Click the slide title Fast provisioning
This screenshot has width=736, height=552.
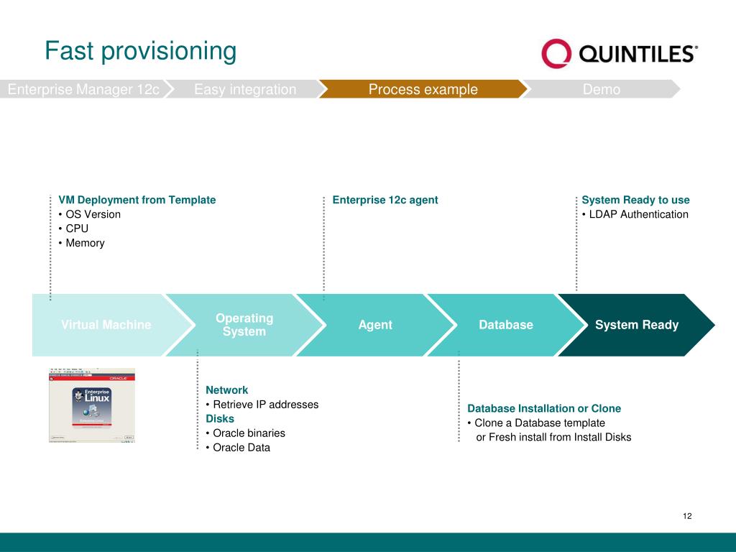tap(140, 51)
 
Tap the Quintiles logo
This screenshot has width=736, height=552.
tap(619, 54)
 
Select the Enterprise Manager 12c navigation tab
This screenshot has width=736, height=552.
tap(83, 89)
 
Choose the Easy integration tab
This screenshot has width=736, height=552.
tap(245, 89)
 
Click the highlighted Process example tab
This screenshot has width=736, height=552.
tap(423, 89)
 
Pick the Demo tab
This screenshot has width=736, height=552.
tap(602, 89)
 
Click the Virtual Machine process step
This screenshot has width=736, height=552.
tap(106, 325)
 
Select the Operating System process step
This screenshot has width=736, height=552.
tap(244, 325)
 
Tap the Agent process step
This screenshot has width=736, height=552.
tap(375, 325)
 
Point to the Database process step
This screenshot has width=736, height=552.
tap(506, 325)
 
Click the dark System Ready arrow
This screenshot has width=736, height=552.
tap(637, 325)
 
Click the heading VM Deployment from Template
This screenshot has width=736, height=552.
tap(137, 200)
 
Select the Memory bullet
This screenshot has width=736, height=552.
tap(85, 243)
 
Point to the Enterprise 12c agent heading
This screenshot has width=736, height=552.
tap(385, 200)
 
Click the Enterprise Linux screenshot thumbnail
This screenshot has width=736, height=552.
tap(92, 405)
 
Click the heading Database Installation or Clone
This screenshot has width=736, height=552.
tap(544, 408)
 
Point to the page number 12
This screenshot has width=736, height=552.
tap(687, 516)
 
